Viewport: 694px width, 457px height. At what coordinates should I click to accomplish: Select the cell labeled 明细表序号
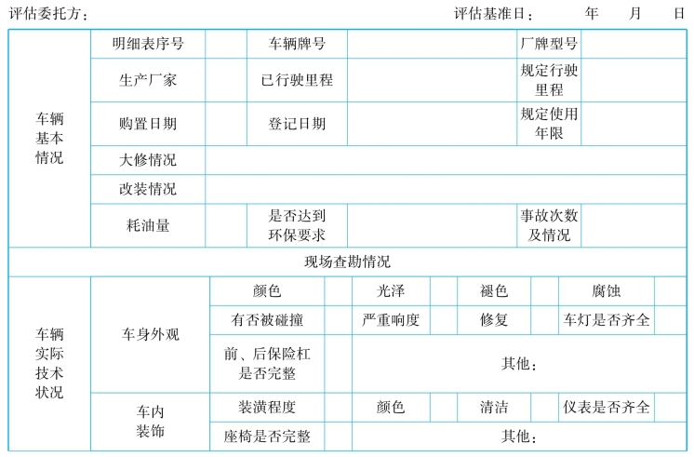[148, 44]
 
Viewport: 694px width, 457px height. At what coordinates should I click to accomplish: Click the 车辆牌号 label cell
[297, 44]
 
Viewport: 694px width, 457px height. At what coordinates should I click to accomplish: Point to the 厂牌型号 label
[549, 44]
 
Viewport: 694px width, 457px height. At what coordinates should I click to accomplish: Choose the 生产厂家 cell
[148, 80]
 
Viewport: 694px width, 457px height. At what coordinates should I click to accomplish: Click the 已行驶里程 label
[297, 80]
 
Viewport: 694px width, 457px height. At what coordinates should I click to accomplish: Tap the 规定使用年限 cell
[549, 124]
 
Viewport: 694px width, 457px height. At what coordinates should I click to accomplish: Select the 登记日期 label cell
[297, 124]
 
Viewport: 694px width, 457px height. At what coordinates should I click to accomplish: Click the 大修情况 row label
[148, 160]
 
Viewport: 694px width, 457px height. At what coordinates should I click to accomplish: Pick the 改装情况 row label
[148, 189]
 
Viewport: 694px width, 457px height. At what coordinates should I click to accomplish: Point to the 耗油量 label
[148, 225]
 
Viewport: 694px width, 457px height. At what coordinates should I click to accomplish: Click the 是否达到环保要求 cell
[297, 225]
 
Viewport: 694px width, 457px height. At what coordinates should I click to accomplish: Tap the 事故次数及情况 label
[549, 225]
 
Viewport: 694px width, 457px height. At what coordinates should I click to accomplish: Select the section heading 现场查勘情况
[347, 262]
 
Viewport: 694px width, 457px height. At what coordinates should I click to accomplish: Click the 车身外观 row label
[151, 334]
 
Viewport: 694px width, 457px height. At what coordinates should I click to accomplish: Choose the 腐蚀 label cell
[607, 291]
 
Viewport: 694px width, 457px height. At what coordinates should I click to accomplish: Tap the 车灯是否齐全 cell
[607, 320]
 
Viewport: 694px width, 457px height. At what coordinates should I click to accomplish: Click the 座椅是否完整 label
[267, 437]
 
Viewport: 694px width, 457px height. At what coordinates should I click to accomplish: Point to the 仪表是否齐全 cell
[607, 407]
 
